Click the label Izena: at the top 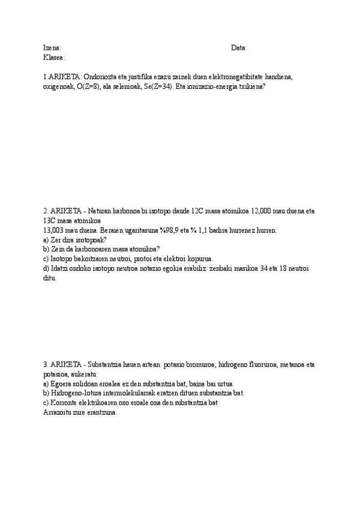pos(52,48)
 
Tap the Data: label pos(239,48)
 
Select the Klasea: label pos(54,57)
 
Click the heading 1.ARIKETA pos(61,77)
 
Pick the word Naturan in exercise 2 pos(103,211)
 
